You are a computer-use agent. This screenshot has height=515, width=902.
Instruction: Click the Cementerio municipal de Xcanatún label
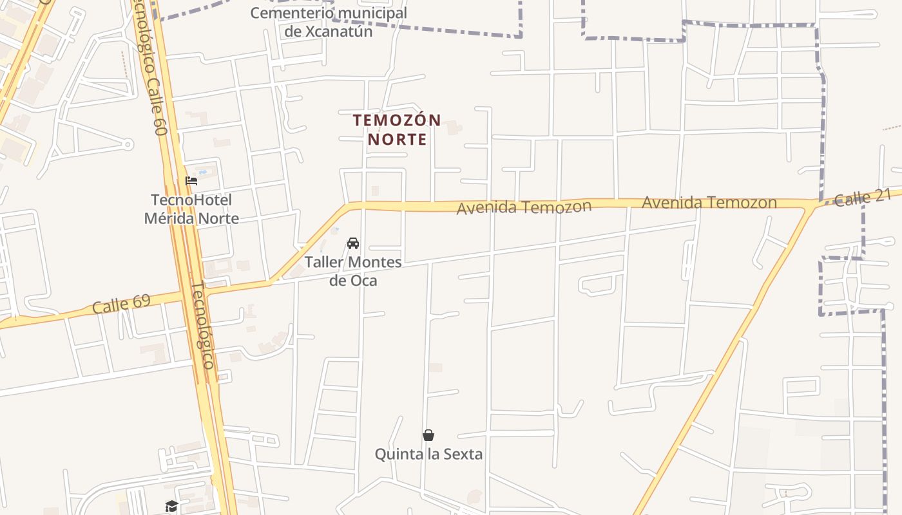[329, 22]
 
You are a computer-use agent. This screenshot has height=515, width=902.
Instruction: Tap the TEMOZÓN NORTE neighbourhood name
[397, 129]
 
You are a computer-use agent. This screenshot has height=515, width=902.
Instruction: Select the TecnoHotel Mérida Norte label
[191, 209]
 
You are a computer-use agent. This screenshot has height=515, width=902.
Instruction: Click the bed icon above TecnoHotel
[191, 181]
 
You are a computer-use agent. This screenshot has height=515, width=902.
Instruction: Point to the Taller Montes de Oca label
[353, 271]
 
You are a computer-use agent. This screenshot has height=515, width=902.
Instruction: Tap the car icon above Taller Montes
[353, 243]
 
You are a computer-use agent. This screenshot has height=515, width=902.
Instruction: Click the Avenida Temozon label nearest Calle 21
[709, 203]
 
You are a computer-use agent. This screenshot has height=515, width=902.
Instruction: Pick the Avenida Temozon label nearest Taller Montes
[524, 207]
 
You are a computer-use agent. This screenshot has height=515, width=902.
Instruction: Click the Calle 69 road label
[121, 303]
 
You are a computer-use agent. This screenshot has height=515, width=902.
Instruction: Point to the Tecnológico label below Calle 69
[203, 325]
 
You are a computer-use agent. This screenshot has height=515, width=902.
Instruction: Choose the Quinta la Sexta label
[428, 454]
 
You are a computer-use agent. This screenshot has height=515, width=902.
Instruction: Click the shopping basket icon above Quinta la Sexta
[428, 436]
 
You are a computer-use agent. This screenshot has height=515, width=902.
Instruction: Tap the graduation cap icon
[171, 506]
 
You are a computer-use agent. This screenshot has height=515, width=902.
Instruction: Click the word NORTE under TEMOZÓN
[397, 139]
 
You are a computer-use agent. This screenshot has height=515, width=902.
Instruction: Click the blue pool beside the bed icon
[204, 173]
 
